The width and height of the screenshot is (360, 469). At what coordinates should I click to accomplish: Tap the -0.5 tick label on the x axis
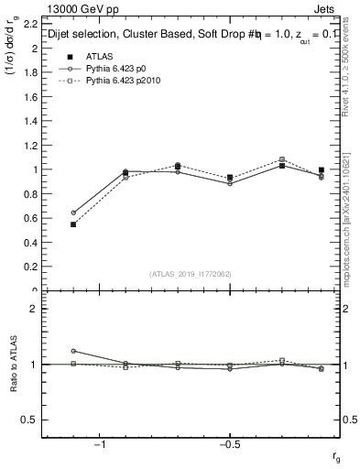[228, 444]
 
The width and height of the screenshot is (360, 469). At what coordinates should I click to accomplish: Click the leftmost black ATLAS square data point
[73, 224]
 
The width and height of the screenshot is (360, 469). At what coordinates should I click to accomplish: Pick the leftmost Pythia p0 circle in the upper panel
[73, 213]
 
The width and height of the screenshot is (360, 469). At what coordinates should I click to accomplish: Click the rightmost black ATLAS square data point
[322, 169]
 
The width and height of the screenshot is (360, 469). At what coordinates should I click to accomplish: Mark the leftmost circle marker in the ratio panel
[73, 351]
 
